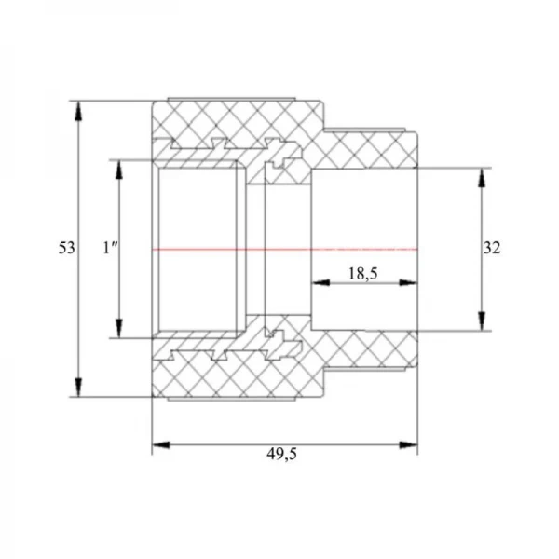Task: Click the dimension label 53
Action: (67, 248)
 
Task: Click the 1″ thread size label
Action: (110, 248)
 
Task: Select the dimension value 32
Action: (492, 248)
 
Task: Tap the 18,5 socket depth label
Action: (362, 274)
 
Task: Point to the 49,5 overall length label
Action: (281, 454)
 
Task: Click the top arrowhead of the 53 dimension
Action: (79, 111)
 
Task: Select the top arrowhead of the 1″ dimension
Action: (119, 170)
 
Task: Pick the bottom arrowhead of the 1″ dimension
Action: (119, 328)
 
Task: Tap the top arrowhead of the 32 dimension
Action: (482, 177)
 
